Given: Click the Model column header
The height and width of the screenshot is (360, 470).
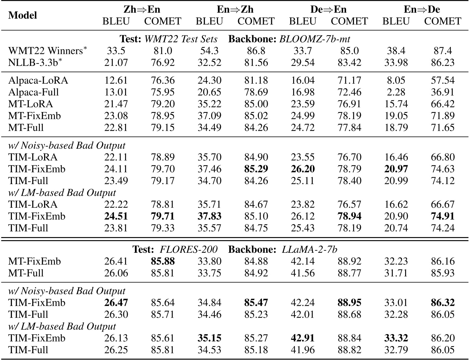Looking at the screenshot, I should (x=23, y=15).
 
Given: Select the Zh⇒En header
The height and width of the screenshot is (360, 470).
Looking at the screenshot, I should (x=142, y=9).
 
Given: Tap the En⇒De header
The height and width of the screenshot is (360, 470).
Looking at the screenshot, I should (x=422, y=9).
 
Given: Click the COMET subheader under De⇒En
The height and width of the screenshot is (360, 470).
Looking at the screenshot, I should (x=349, y=21).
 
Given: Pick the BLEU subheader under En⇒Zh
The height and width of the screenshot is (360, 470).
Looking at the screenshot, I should (x=209, y=21).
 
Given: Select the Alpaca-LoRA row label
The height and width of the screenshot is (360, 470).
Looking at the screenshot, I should (x=38, y=80).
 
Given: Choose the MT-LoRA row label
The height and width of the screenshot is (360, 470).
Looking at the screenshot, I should (x=31, y=104).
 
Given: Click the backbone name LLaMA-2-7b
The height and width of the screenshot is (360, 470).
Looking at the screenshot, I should (x=309, y=250).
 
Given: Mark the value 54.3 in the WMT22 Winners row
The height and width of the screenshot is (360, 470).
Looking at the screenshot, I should (x=209, y=51).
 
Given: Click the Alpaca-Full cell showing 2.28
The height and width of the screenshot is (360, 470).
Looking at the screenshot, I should (x=396, y=92).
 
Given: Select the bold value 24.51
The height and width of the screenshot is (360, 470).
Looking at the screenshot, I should (x=116, y=216).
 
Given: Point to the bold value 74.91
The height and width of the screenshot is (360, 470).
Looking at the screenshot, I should (x=443, y=216).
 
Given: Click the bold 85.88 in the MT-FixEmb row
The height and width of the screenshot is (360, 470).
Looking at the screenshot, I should (x=163, y=262).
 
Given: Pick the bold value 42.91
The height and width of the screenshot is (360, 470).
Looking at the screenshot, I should (x=302, y=338).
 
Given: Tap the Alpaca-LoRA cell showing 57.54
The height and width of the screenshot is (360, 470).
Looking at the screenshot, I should (x=443, y=80).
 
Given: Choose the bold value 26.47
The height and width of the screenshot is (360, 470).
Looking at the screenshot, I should (x=116, y=303).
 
